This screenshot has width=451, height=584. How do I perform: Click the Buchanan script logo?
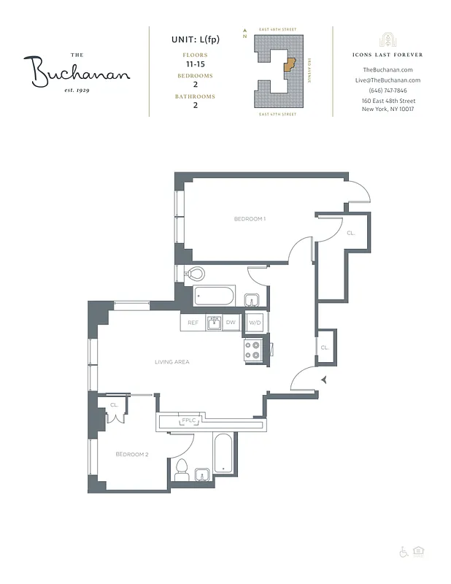[x=80, y=71]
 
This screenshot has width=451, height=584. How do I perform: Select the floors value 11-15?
[x=194, y=64]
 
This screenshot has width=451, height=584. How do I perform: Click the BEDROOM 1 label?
[x=249, y=219]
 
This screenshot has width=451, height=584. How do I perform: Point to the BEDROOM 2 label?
[x=132, y=454]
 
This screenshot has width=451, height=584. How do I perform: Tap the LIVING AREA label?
[x=171, y=362]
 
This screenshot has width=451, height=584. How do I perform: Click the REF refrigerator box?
[x=193, y=323]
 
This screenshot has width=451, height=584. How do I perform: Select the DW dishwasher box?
[x=231, y=323]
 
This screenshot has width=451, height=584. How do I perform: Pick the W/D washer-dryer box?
[x=255, y=323]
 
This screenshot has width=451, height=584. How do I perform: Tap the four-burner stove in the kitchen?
[x=253, y=350]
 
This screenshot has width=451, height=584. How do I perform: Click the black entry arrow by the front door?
[x=325, y=380]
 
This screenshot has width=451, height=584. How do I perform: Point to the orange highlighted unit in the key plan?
[x=290, y=66]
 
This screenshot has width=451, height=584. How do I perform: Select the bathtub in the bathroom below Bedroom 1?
[x=214, y=296]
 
